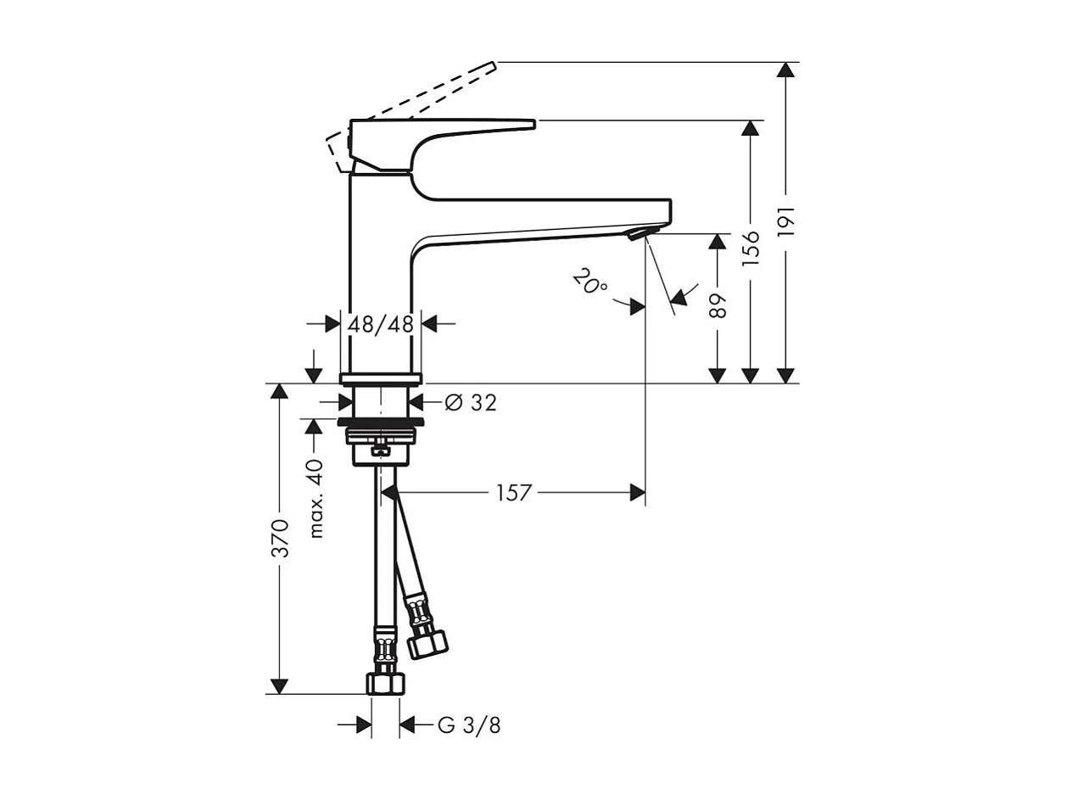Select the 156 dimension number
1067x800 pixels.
(751, 248)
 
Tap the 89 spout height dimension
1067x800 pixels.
(718, 305)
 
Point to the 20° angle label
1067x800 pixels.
(589, 282)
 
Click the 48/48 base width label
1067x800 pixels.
(380, 323)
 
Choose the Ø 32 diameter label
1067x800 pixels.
(471, 403)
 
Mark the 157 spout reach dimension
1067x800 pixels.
(513, 492)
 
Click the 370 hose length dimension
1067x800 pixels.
(280, 538)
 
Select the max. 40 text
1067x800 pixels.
(316, 498)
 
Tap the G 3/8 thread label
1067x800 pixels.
(469, 725)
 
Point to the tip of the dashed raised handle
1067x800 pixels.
(492, 64)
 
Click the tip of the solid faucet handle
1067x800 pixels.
(533, 125)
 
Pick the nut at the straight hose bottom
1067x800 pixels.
(385, 684)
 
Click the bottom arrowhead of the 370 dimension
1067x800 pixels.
(279, 686)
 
